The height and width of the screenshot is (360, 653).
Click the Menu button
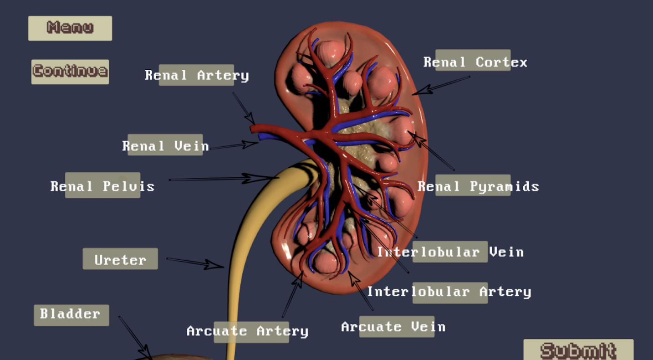pos(70,28)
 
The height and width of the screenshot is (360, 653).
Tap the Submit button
pos(578,350)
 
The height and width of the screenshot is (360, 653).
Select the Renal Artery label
pos(197,75)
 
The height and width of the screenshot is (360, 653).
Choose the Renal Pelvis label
pos(102,185)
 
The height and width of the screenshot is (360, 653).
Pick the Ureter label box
pos(120,259)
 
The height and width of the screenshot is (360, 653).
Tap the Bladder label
pos(71,315)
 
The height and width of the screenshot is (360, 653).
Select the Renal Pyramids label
pos(478,185)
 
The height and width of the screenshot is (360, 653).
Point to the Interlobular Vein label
pos(450,252)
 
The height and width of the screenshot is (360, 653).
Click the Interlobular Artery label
pos(449,292)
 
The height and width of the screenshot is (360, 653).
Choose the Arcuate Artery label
pos(248,332)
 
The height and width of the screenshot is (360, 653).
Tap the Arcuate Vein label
pos(393,327)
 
